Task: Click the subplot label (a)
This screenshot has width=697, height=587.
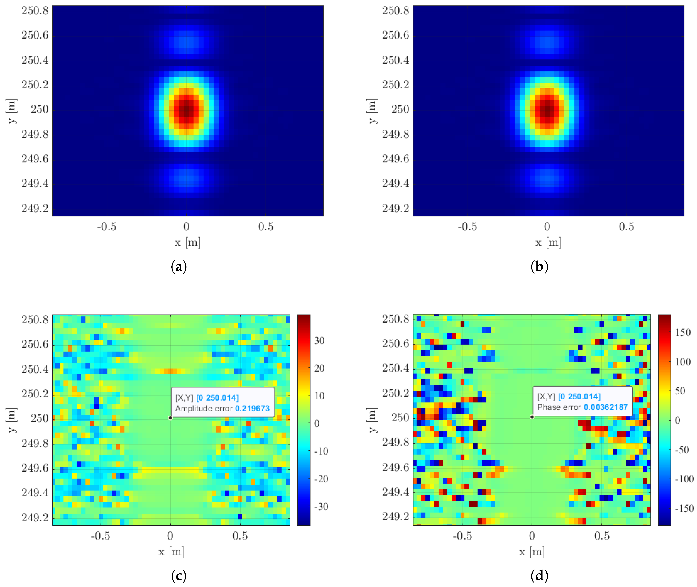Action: point(179,267)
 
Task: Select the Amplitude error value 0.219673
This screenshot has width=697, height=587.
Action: point(252,408)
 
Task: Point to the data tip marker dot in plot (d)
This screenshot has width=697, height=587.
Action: point(532,417)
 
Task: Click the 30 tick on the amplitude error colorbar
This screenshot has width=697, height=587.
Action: point(319,340)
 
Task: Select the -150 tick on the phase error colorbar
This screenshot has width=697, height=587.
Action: point(684,508)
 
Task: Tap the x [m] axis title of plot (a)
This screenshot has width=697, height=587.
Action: point(187,243)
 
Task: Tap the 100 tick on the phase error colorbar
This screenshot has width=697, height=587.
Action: point(683,362)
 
